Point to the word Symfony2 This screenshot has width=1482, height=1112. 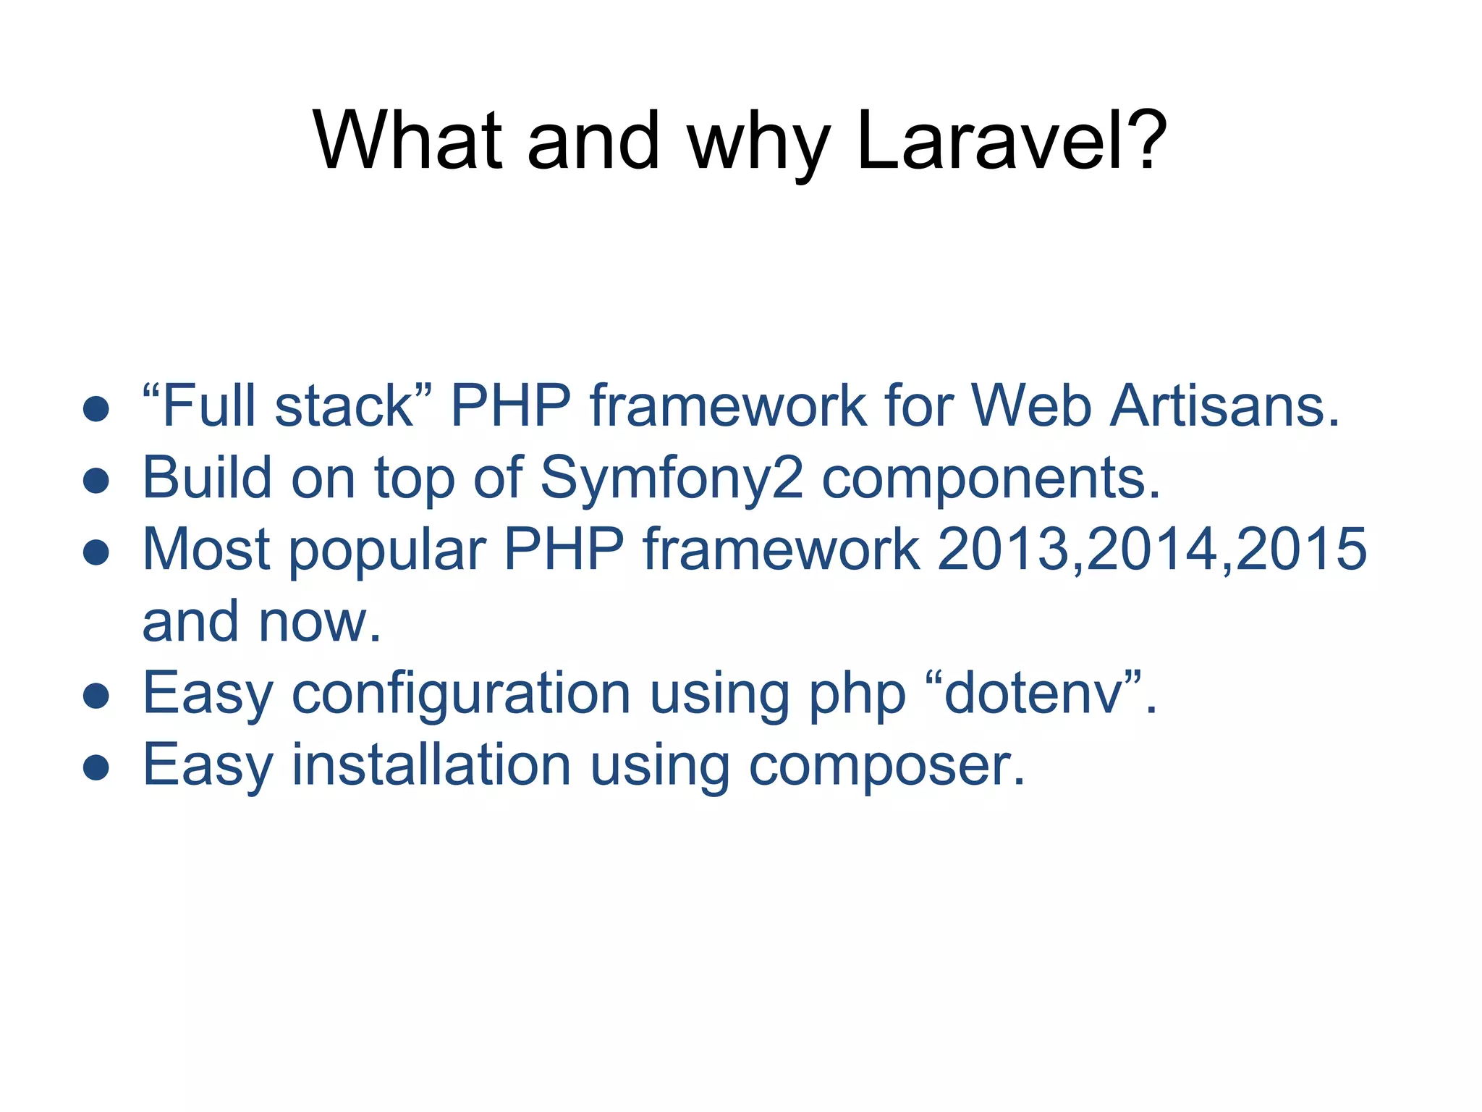(672, 479)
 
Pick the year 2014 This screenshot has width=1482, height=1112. (1153, 549)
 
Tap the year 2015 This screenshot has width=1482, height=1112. (1302, 549)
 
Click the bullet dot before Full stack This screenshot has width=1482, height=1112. (96, 409)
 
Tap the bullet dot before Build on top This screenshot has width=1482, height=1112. (96, 481)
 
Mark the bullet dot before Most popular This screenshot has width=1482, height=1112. (96, 552)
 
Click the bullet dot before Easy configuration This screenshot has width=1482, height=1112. (96, 696)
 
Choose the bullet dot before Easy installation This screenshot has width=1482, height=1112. (96, 768)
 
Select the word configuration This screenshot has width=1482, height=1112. (461, 694)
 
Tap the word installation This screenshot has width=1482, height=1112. (431, 766)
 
